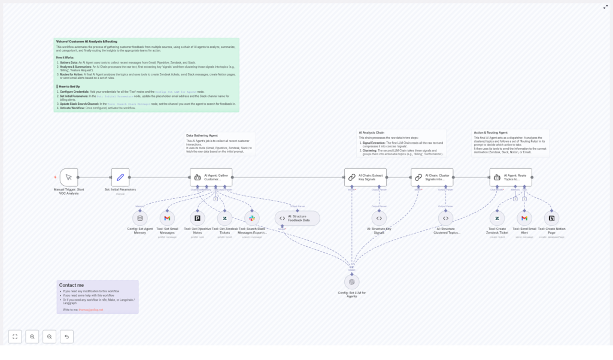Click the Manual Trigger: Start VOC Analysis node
(x=69, y=177)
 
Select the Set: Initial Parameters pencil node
(x=120, y=177)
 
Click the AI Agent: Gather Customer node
(x=211, y=177)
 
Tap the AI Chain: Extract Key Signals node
(x=365, y=177)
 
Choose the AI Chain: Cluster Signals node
(x=432, y=177)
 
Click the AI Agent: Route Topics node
(x=511, y=177)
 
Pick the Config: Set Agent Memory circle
(x=140, y=218)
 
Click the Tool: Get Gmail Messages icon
(x=167, y=218)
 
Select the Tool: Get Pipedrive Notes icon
(x=198, y=218)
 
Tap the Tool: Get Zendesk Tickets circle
(x=224, y=218)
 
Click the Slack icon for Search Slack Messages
(x=252, y=218)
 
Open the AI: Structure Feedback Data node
(x=298, y=218)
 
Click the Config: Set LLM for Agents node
(x=351, y=282)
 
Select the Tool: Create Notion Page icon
(x=551, y=218)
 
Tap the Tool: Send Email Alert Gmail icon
(x=524, y=218)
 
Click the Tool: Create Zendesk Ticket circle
(x=497, y=218)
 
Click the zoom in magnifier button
(x=32, y=337)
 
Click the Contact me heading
(x=71, y=285)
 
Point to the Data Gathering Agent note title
(x=202, y=135)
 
